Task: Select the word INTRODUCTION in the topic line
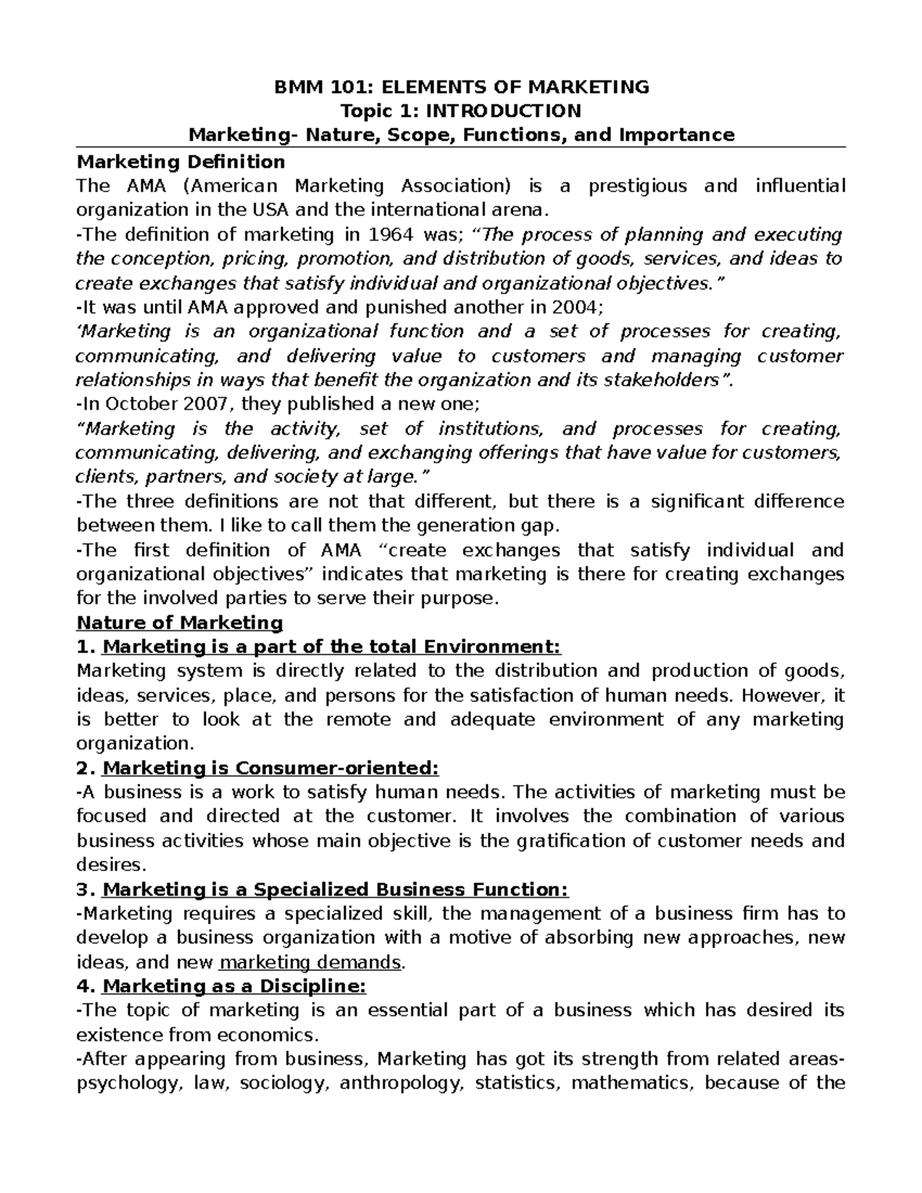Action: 504,111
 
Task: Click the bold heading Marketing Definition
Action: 181,161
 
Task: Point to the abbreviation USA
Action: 270,210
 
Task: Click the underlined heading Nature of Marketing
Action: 180,622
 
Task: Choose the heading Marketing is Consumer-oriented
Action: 270,768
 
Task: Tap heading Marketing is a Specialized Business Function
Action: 335,890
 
